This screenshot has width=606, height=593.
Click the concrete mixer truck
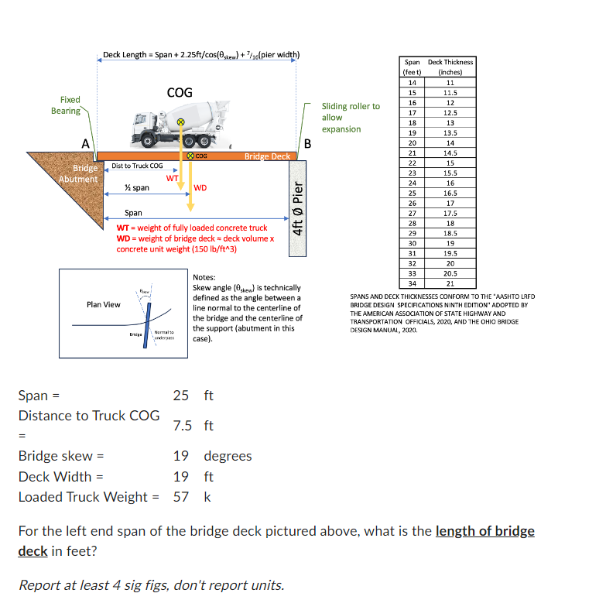[178, 128]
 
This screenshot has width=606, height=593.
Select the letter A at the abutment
[87, 143]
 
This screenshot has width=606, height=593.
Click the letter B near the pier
[307, 143]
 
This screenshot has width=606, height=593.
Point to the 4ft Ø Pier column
[298, 207]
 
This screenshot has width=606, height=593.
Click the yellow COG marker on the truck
[180, 122]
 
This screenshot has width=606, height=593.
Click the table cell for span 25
[412, 192]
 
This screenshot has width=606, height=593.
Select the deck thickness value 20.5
[450, 273]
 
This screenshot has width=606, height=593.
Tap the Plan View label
[104, 304]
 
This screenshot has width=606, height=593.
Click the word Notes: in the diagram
[204, 277]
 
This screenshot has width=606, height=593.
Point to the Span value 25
[181, 396]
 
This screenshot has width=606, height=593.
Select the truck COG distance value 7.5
[183, 426]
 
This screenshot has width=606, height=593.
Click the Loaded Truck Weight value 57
[181, 497]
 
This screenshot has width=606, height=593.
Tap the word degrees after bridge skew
[228, 456]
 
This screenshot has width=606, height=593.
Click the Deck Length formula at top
[197, 54]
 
